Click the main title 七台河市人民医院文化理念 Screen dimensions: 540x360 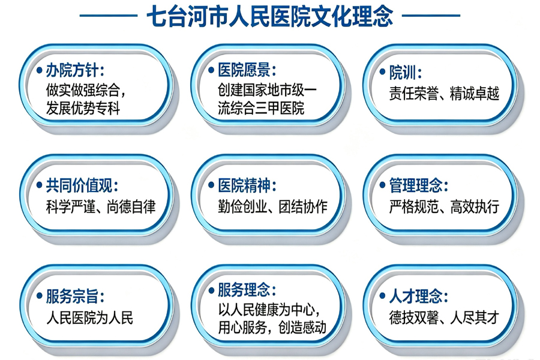(x=269, y=16)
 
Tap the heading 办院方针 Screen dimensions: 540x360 (x=75, y=71)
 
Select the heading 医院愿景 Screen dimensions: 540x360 (x=247, y=70)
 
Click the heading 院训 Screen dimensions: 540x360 (x=405, y=73)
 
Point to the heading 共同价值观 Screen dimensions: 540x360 (x=82, y=185)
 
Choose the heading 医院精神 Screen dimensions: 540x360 (x=247, y=185)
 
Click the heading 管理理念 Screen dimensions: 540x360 (x=418, y=185)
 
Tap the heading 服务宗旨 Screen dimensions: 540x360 (x=75, y=296)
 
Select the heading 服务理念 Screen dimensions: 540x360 (x=247, y=290)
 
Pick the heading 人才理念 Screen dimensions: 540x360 (x=418, y=296)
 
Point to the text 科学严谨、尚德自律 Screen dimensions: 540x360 (x=101, y=206)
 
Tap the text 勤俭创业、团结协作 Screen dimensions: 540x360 (x=272, y=206)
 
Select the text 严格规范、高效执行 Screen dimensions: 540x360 (x=444, y=206)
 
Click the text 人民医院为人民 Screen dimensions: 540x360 (x=89, y=317)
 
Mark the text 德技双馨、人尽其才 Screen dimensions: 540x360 (x=444, y=317)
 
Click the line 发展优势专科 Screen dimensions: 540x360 (x=83, y=109)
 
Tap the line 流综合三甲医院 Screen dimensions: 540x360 (x=261, y=108)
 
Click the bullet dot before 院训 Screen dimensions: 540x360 (x=382, y=72)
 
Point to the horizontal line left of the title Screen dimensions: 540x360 (x=109, y=16)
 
